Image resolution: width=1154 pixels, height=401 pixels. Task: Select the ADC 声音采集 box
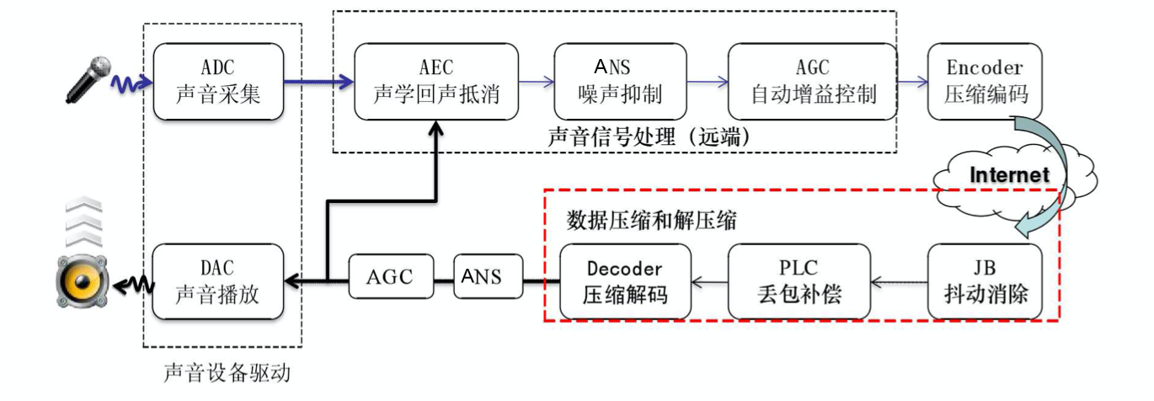point(218,82)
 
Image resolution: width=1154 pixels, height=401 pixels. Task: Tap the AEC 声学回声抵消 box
point(435,82)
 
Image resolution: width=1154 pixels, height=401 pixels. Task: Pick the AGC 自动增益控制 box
point(813,82)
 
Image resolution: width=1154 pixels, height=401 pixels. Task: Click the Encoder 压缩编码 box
point(984,82)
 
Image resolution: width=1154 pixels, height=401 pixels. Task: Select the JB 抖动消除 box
point(984,281)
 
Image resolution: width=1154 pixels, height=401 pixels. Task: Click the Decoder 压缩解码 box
point(625,281)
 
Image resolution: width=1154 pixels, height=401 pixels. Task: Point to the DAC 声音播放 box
point(218,281)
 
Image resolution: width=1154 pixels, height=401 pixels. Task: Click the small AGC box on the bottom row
point(389,279)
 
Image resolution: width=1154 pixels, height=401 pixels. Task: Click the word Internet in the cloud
point(1010,175)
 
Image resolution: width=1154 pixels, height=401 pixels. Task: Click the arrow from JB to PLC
point(898,282)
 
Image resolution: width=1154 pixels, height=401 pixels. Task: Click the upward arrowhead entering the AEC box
point(435,128)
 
